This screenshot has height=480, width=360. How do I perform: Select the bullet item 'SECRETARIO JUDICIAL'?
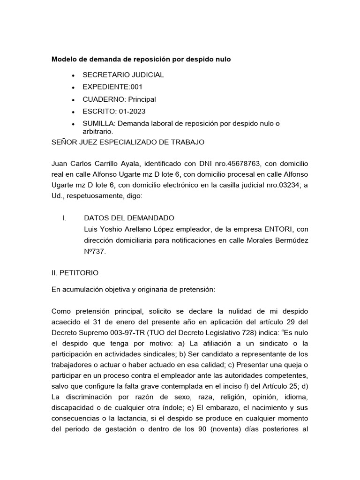click(x=123, y=75)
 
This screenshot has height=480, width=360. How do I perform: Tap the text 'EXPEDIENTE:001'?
click(x=112, y=87)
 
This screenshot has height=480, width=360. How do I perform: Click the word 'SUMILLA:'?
click(x=99, y=124)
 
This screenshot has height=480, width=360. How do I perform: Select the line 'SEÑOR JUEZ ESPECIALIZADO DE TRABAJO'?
click(x=127, y=142)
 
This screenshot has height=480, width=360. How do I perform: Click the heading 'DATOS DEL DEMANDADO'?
click(x=129, y=218)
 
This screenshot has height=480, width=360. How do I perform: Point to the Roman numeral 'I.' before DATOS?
click(x=64, y=218)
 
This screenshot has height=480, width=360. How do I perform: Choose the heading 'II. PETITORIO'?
click(x=75, y=272)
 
